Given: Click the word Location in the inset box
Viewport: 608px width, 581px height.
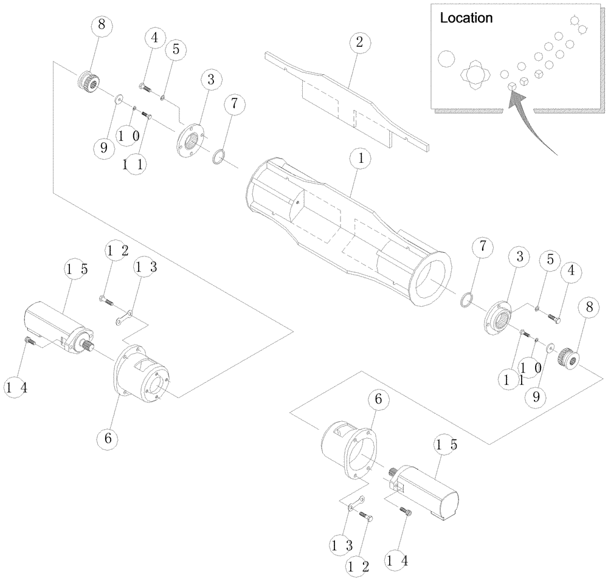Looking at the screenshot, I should (x=466, y=18).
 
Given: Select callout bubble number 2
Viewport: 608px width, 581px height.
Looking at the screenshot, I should (x=359, y=42).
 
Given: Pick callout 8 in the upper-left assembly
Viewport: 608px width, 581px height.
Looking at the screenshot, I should (x=102, y=26).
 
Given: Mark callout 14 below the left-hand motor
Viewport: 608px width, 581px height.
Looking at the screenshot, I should (x=15, y=386).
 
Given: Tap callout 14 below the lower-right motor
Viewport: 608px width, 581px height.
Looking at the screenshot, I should (x=395, y=555).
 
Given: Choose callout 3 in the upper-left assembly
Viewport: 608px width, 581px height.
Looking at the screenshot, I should (x=210, y=80).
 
